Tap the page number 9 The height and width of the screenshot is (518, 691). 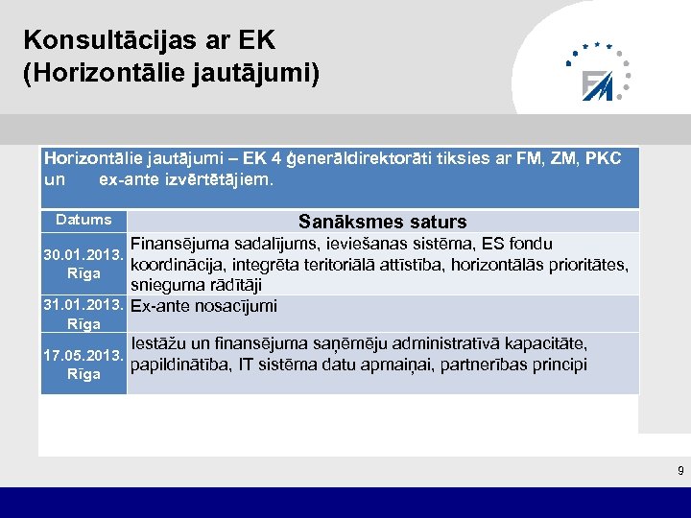(680, 470)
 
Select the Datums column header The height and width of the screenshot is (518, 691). (83, 220)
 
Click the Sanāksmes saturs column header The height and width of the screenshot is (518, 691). (382, 222)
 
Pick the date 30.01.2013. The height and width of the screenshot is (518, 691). (83, 256)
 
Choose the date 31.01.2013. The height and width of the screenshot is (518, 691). (83, 306)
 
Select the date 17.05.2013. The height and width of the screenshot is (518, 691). (83, 356)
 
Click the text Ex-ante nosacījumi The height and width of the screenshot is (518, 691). (203, 306)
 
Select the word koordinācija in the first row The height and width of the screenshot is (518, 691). (177, 264)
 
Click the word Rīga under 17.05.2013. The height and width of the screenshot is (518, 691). (83, 374)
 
